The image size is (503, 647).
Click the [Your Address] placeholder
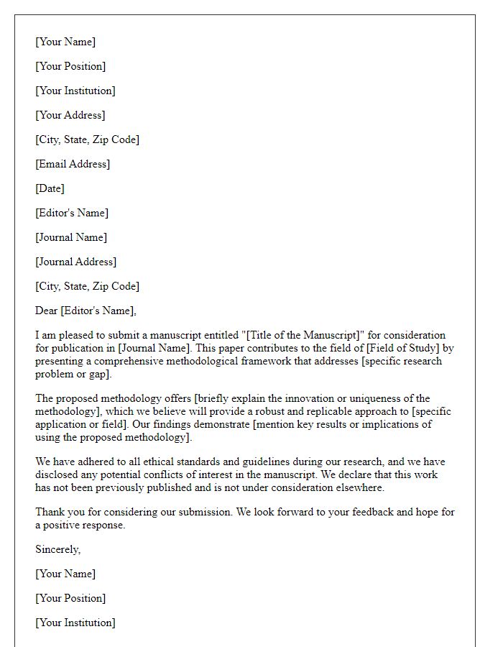[70, 115]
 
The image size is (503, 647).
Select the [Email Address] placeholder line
[73, 164]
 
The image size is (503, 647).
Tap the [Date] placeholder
[50, 188]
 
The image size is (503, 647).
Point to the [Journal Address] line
[75, 262]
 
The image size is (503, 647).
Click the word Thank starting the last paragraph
[50, 512]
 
